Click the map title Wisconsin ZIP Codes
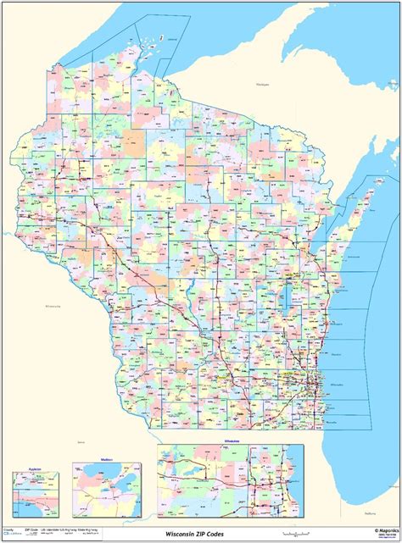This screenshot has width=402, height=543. [x=200, y=535]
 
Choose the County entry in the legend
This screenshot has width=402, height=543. [x=8, y=530]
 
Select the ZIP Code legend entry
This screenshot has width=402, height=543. [x=34, y=530]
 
